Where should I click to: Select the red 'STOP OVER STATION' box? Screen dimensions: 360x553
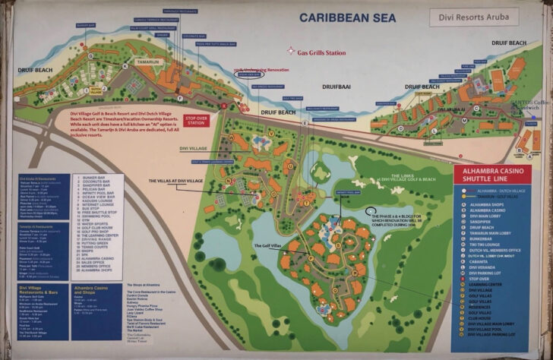pyautogui.click(x=196, y=122)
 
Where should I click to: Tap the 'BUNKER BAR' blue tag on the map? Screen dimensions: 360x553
pyautogui.click(x=85, y=24)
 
